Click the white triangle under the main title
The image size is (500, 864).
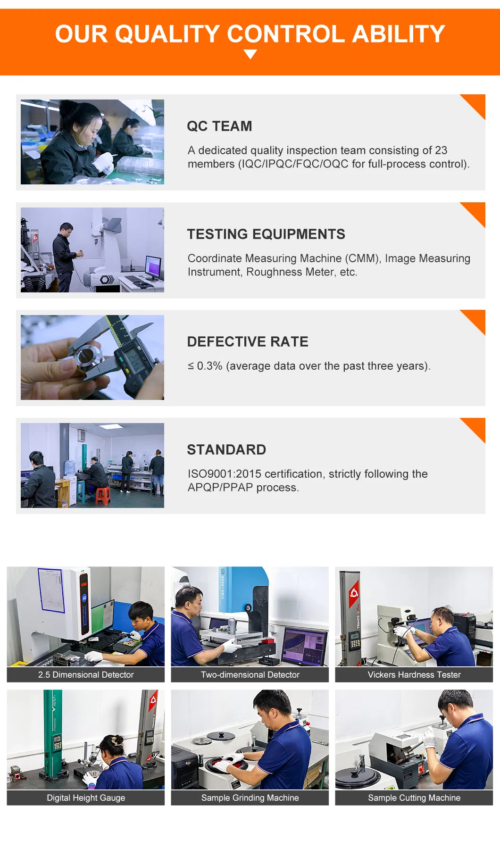pyautogui.click(x=250, y=54)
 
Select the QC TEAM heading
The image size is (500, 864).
pyautogui.click(x=219, y=126)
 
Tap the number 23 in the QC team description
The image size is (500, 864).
pyautogui.click(x=441, y=150)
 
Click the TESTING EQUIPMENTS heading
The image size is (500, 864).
pyautogui.click(x=266, y=234)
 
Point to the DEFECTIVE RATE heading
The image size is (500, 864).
pyautogui.click(x=248, y=342)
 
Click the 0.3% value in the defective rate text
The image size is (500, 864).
pyautogui.click(x=209, y=366)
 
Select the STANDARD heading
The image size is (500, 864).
pyautogui.click(x=226, y=450)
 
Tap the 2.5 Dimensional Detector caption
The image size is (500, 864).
pyautogui.click(x=86, y=675)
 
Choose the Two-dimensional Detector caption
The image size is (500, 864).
pyautogui.click(x=250, y=675)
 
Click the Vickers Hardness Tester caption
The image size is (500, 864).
pyautogui.click(x=414, y=675)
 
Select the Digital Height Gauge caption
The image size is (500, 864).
pyautogui.click(x=86, y=798)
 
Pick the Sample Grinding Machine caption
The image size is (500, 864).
pyautogui.click(x=250, y=798)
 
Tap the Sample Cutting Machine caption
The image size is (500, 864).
pyautogui.click(x=414, y=798)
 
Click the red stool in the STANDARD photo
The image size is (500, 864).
pyautogui.click(x=103, y=495)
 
